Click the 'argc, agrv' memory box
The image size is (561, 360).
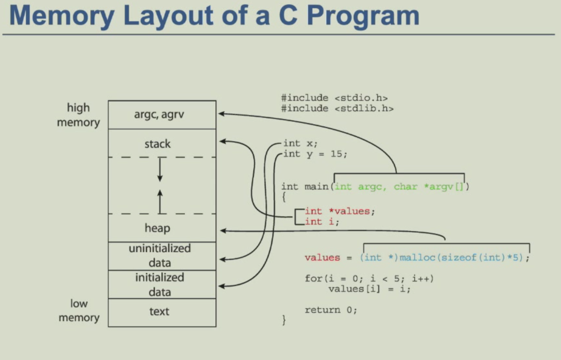click(x=162, y=115)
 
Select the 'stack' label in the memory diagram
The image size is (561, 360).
click(x=158, y=144)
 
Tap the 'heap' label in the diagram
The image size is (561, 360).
click(x=158, y=228)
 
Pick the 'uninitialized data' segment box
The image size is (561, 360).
click(x=162, y=256)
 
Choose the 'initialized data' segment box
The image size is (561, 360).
click(x=162, y=285)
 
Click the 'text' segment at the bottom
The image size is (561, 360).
click(x=162, y=313)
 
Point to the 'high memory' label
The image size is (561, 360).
click(x=79, y=115)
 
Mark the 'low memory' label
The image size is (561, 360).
click(x=79, y=310)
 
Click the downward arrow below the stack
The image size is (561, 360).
click(x=160, y=170)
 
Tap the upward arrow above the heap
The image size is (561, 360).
click(x=160, y=202)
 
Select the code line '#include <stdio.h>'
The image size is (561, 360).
click(x=334, y=98)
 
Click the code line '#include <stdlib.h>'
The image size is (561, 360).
click(x=337, y=109)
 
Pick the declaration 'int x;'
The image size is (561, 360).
click(x=300, y=143)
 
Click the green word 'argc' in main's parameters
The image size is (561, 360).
click(x=370, y=187)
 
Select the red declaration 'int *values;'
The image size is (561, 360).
click(x=340, y=211)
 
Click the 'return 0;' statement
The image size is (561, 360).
click(x=331, y=310)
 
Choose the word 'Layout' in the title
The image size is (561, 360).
click(x=168, y=16)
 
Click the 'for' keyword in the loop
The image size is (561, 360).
click(x=313, y=279)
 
